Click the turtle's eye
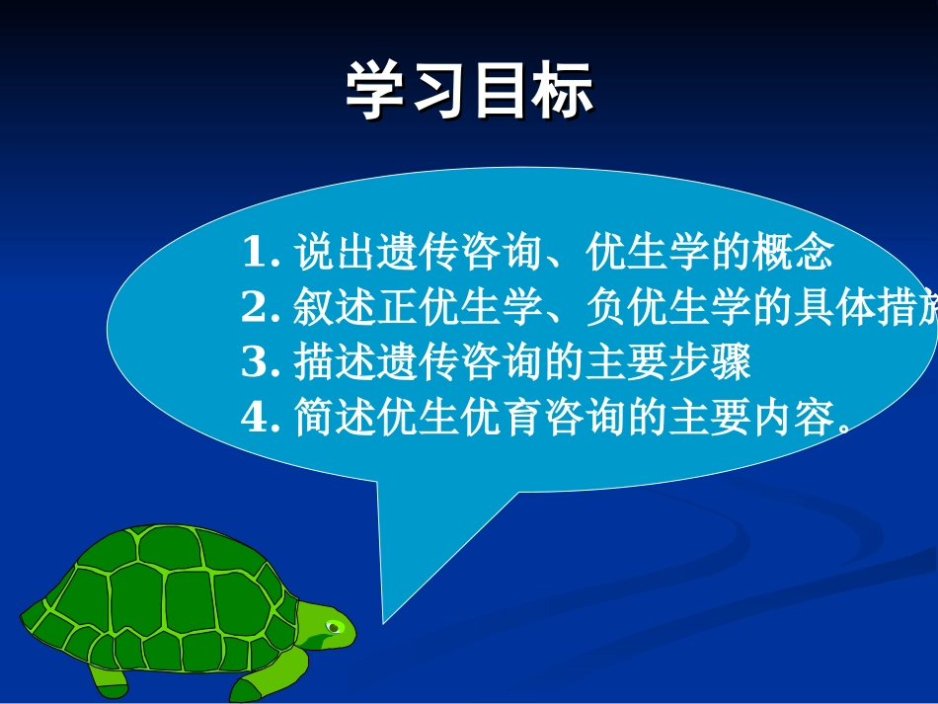tap(335, 626)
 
